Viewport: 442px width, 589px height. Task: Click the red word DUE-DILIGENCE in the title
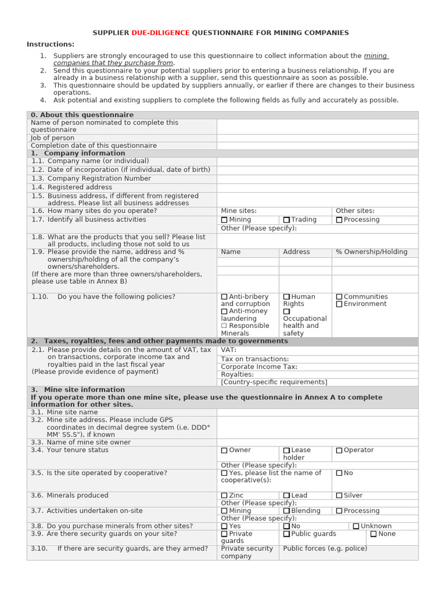(x=161, y=33)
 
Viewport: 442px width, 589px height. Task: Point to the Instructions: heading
(x=51, y=44)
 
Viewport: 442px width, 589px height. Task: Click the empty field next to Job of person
(x=317, y=138)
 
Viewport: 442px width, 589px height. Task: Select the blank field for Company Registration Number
(x=317, y=179)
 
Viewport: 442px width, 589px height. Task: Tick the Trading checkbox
(x=287, y=220)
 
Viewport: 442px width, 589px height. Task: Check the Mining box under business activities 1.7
(x=224, y=220)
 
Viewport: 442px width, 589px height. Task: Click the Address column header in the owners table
(x=296, y=252)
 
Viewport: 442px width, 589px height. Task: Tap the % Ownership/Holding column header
(x=371, y=252)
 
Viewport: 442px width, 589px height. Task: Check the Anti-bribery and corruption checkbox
(x=224, y=297)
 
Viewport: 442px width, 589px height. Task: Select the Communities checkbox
(x=340, y=297)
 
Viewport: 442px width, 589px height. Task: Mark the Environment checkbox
(x=340, y=304)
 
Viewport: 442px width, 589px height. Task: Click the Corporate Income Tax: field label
(x=259, y=367)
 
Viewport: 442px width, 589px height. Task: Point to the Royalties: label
(x=237, y=374)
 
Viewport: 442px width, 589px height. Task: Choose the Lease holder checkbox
(x=287, y=450)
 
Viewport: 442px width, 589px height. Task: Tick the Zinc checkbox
(x=224, y=495)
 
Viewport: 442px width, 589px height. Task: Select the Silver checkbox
(x=340, y=495)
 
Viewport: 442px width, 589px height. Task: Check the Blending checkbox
(x=287, y=511)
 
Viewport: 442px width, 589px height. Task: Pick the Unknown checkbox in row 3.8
(x=356, y=526)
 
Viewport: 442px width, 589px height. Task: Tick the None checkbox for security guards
(x=374, y=534)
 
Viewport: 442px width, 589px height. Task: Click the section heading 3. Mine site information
(x=78, y=389)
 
